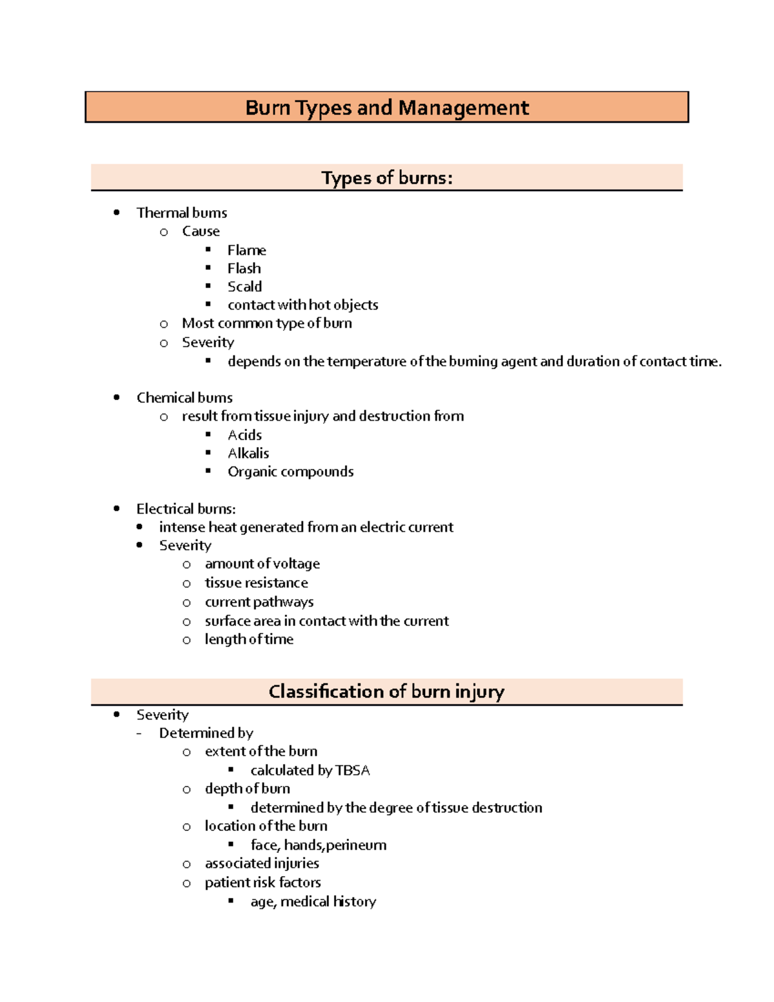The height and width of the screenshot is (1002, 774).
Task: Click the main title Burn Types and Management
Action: click(x=387, y=107)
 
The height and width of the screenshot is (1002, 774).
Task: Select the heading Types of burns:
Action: click(x=387, y=178)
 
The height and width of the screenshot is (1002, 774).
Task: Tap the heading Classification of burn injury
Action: click(x=386, y=692)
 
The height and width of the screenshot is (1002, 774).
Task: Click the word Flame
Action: click(x=246, y=250)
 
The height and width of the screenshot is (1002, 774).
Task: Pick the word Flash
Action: click(x=244, y=268)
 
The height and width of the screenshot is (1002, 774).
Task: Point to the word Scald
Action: click(x=244, y=286)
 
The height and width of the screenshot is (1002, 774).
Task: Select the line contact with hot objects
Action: click(x=303, y=305)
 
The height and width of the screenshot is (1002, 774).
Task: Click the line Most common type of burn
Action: click(x=266, y=323)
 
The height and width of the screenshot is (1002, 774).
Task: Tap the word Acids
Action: click(x=244, y=435)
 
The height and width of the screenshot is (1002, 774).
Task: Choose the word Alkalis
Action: click(x=248, y=454)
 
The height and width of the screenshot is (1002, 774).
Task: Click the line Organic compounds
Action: click(x=290, y=472)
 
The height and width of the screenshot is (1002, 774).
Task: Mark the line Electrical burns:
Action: click(x=186, y=509)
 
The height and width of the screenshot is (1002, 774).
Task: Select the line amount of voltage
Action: click(x=262, y=564)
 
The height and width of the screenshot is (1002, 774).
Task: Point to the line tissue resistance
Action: click(x=256, y=583)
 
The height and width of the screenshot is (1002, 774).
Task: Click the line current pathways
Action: click(x=259, y=602)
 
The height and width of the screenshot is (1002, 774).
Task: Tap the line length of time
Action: click(x=249, y=639)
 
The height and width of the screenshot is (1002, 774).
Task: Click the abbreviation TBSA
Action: click(x=352, y=770)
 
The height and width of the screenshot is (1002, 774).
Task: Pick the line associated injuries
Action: click(x=262, y=863)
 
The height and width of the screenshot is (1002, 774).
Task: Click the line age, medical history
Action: click(x=313, y=901)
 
